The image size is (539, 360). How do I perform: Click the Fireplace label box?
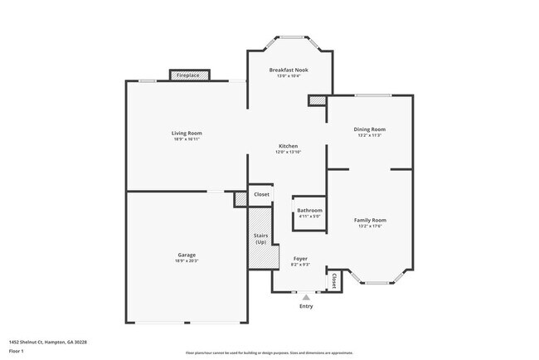tap(188, 75)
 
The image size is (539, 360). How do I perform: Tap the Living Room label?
tap(187, 133)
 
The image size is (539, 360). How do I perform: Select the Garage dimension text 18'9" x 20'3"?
tap(187, 260)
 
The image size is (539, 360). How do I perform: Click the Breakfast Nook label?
tap(289, 70)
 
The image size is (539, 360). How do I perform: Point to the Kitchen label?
tap(288, 146)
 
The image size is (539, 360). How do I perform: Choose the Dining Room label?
tap(371, 129)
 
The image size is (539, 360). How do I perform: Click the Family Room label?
tap(370, 220)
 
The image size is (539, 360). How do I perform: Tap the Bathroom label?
tap(309, 211)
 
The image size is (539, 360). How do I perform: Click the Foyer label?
tap(300, 259)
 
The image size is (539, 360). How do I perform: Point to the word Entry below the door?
tap(307, 307)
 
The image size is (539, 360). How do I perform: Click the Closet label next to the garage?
tap(261, 194)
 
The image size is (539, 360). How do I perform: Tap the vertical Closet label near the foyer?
tap(333, 280)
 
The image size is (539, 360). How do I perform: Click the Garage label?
tap(187, 255)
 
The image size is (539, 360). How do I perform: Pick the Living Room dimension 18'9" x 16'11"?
tap(187, 139)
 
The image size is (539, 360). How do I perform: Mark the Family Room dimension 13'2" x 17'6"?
tap(370, 226)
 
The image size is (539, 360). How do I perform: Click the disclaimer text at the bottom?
tap(270, 353)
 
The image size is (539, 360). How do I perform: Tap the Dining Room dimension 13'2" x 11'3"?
tap(371, 135)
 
